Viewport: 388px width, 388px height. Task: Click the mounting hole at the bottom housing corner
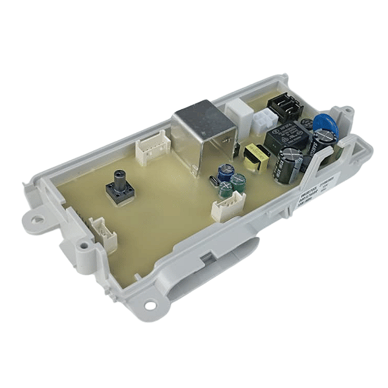(150, 305)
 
